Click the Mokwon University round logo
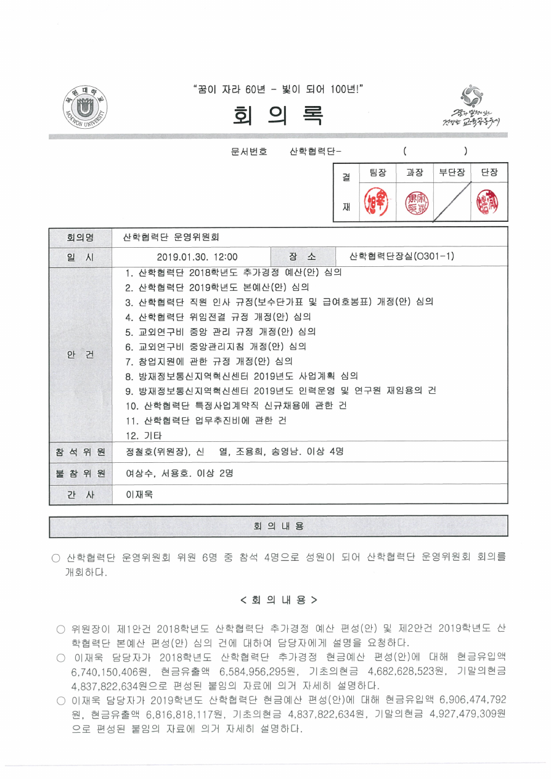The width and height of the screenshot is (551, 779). (x=85, y=108)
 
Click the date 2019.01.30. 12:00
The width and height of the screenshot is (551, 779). (x=197, y=256)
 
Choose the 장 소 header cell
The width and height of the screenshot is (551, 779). (x=302, y=256)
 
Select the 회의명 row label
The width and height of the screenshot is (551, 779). (x=80, y=236)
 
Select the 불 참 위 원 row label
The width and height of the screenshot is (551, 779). (x=80, y=473)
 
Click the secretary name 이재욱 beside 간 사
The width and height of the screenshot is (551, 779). (x=139, y=494)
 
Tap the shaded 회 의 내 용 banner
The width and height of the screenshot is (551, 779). (x=279, y=526)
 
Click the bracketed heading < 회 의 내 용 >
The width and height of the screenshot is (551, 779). (x=279, y=600)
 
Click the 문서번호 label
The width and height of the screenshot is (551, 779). (x=249, y=151)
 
